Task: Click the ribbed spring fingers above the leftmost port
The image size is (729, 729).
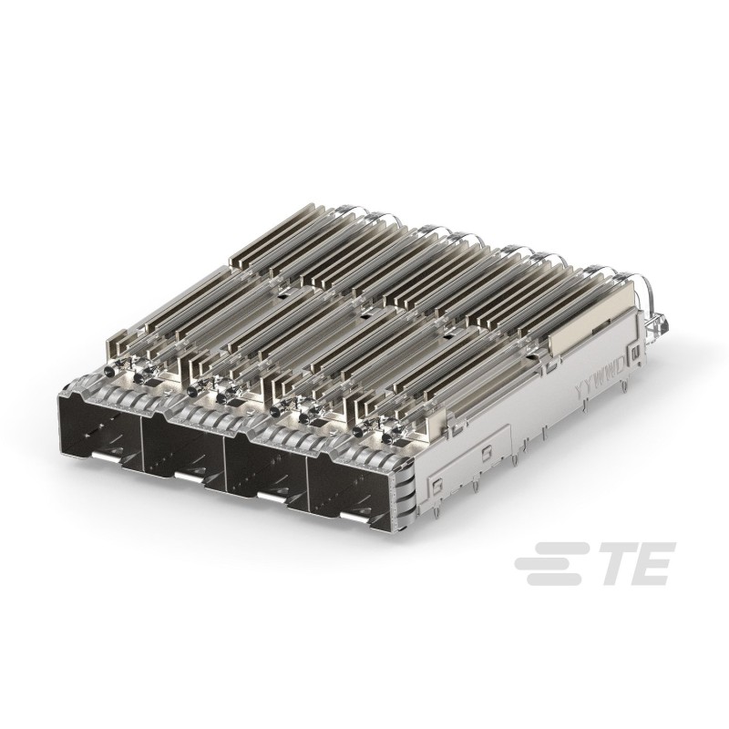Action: point(100,384)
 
